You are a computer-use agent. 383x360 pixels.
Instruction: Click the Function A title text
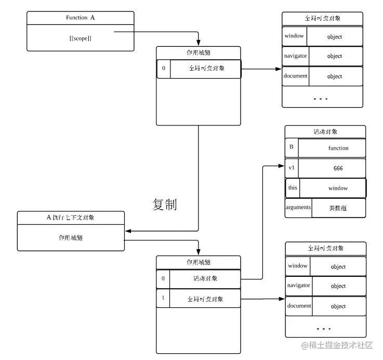pos(80,18)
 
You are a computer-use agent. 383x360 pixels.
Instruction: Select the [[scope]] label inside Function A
pos(80,38)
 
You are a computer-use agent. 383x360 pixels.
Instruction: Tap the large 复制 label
pos(165,204)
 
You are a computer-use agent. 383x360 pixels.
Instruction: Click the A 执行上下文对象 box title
pos(70,217)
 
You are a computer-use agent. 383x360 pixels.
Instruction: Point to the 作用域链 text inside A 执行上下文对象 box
pos(71,238)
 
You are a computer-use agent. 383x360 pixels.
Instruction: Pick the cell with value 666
pos(338,169)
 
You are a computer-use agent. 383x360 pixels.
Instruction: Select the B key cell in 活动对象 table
pos(291,147)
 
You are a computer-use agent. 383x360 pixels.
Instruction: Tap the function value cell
pos(338,148)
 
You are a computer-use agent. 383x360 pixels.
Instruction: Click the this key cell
pos(293,188)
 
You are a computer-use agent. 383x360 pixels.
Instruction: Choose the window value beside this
pos(338,188)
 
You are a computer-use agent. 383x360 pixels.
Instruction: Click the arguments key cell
pos(298,208)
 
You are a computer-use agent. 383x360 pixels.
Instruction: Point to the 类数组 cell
pos(338,208)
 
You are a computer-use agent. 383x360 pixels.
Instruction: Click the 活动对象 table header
pos(325,132)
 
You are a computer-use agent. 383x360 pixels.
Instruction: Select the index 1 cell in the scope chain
pos(163,298)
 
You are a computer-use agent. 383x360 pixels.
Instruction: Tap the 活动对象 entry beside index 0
pos(205,279)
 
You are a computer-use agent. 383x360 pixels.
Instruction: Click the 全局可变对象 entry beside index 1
pos(205,299)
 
